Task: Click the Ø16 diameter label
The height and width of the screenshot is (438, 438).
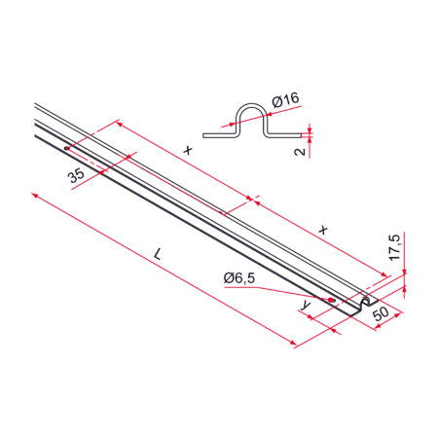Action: point(285,100)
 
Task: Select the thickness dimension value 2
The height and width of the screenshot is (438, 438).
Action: point(301,151)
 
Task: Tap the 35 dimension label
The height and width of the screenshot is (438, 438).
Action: point(76,176)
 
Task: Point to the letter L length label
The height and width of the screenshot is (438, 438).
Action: point(158,254)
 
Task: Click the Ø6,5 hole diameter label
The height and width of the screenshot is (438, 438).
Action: point(239,278)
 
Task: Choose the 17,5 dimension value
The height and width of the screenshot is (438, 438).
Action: point(395,247)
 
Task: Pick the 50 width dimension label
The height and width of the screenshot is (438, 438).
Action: point(381,313)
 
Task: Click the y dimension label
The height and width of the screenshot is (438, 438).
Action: point(307,305)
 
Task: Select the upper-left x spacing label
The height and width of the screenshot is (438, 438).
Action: point(188,150)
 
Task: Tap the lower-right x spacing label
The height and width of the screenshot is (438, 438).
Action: point(323,230)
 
